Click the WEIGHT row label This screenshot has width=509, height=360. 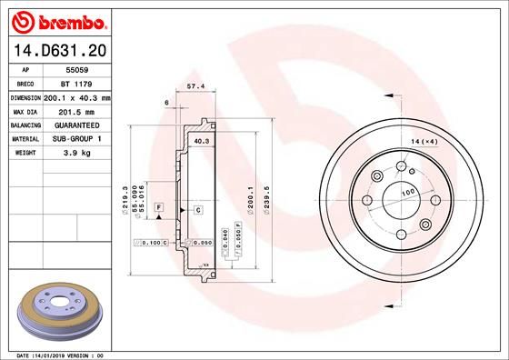(x=24, y=154)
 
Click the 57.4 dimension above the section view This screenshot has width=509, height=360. (x=194, y=86)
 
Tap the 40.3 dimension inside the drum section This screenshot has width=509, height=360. (x=202, y=142)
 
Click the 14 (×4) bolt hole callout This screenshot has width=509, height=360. (x=424, y=142)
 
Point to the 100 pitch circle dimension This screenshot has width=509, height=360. (x=408, y=193)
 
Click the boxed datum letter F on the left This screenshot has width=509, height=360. (x=158, y=209)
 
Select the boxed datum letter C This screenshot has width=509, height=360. (x=197, y=209)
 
